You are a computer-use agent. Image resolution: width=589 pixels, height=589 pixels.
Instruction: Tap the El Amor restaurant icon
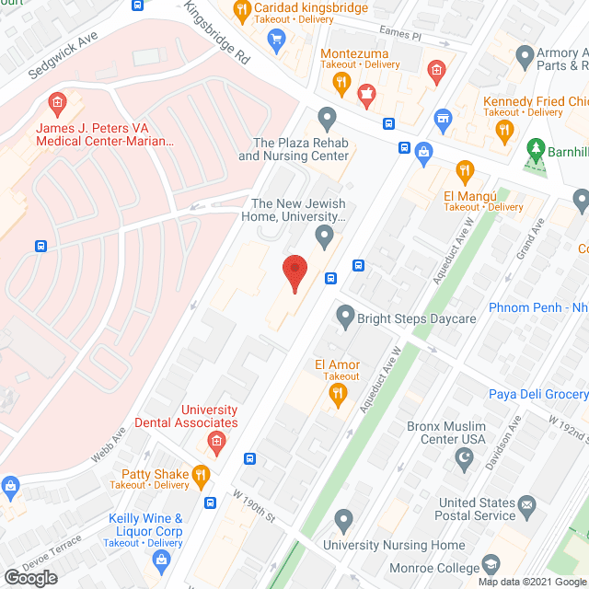click(338, 394)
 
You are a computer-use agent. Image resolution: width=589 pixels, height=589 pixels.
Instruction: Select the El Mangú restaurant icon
click(465, 170)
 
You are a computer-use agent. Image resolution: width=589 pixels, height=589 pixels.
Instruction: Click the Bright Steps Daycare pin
click(345, 318)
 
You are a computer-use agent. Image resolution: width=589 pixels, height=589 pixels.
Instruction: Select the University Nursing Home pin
click(343, 522)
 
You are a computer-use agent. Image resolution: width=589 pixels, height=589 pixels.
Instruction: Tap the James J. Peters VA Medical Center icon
click(57, 101)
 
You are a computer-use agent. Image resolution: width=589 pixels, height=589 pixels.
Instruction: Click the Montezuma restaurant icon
click(341, 83)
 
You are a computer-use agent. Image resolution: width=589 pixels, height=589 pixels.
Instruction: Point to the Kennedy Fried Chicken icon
click(502, 131)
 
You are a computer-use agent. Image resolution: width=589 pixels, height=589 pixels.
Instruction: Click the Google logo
click(29, 576)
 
